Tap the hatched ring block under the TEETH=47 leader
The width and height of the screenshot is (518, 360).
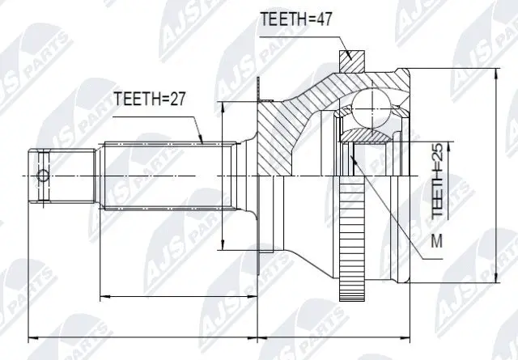[x=350, y=61]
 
